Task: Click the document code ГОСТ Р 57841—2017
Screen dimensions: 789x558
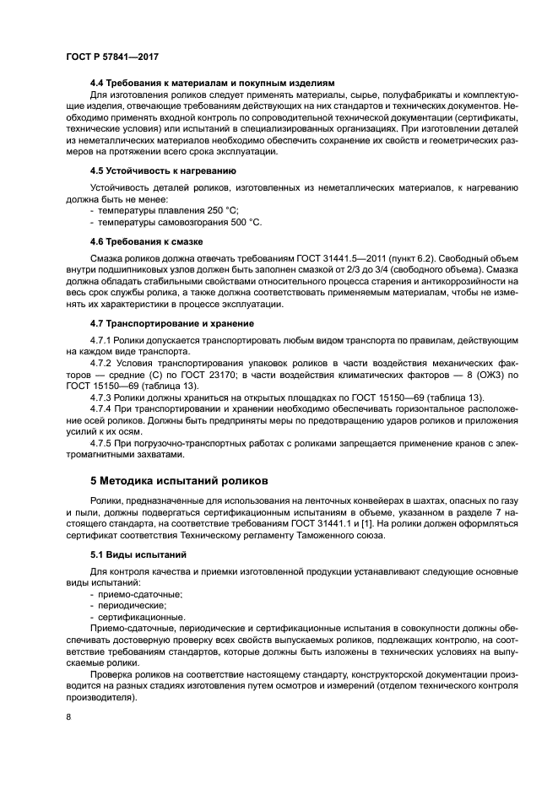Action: (x=111, y=56)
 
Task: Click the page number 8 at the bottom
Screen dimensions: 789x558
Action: (x=68, y=716)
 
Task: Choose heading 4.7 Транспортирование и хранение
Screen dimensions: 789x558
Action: (x=171, y=324)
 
